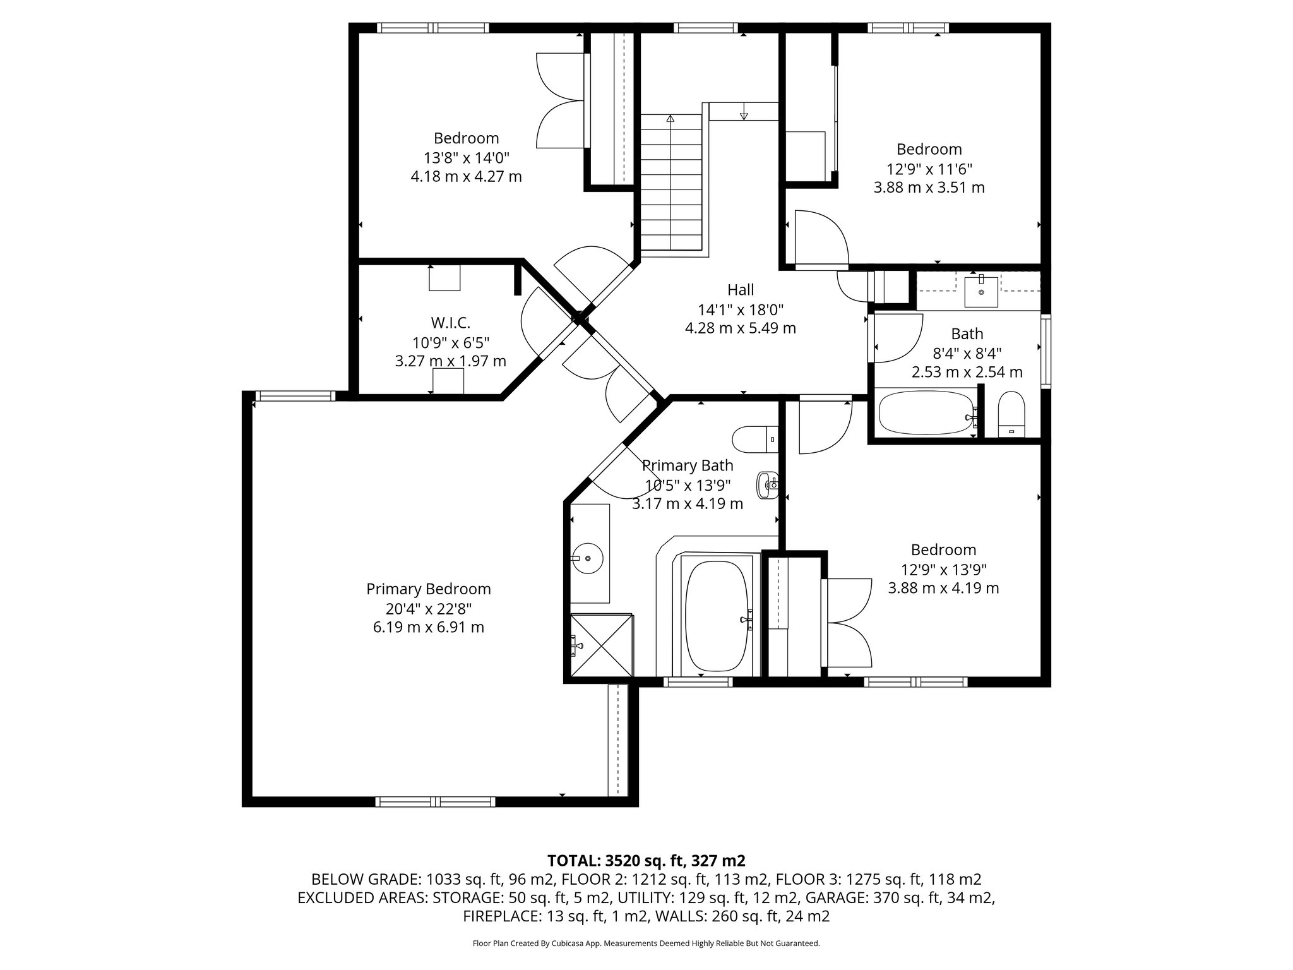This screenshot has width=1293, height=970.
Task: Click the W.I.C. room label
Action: pos(451,323)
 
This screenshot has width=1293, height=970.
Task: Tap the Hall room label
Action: pos(740,290)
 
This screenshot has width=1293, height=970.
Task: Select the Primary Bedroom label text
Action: pos(428,589)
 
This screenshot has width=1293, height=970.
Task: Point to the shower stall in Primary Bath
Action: pos(601,645)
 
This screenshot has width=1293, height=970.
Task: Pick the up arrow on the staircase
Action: pos(670,118)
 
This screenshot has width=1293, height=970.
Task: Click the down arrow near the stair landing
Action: pos(743,115)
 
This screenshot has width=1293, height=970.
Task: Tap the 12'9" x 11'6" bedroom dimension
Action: pos(929,169)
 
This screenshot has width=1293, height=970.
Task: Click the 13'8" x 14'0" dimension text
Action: pos(466,157)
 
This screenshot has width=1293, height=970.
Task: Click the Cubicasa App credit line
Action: pos(646,943)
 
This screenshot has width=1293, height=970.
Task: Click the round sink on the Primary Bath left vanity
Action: pos(588,558)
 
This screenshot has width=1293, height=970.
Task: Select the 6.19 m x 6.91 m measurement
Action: pos(428,628)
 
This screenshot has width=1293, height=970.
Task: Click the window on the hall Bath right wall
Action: pos(1046,352)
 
